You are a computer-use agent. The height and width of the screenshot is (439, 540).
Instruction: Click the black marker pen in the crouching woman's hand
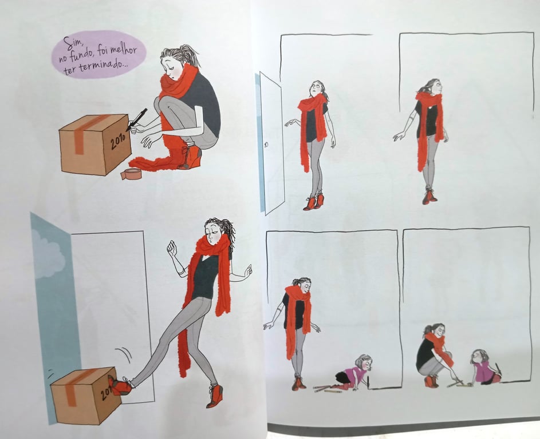[137, 119]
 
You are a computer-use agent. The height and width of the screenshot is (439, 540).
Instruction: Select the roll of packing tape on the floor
[131, 174]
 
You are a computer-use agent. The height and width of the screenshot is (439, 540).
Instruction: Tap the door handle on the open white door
[266, 145]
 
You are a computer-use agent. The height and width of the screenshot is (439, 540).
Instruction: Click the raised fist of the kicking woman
[171, 248]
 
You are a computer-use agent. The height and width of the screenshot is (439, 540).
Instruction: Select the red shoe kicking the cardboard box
[119, 385]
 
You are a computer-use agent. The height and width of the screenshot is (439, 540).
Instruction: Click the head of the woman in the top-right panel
[433, 86]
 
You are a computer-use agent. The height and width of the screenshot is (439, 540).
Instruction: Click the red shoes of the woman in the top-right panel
[429, 196]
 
